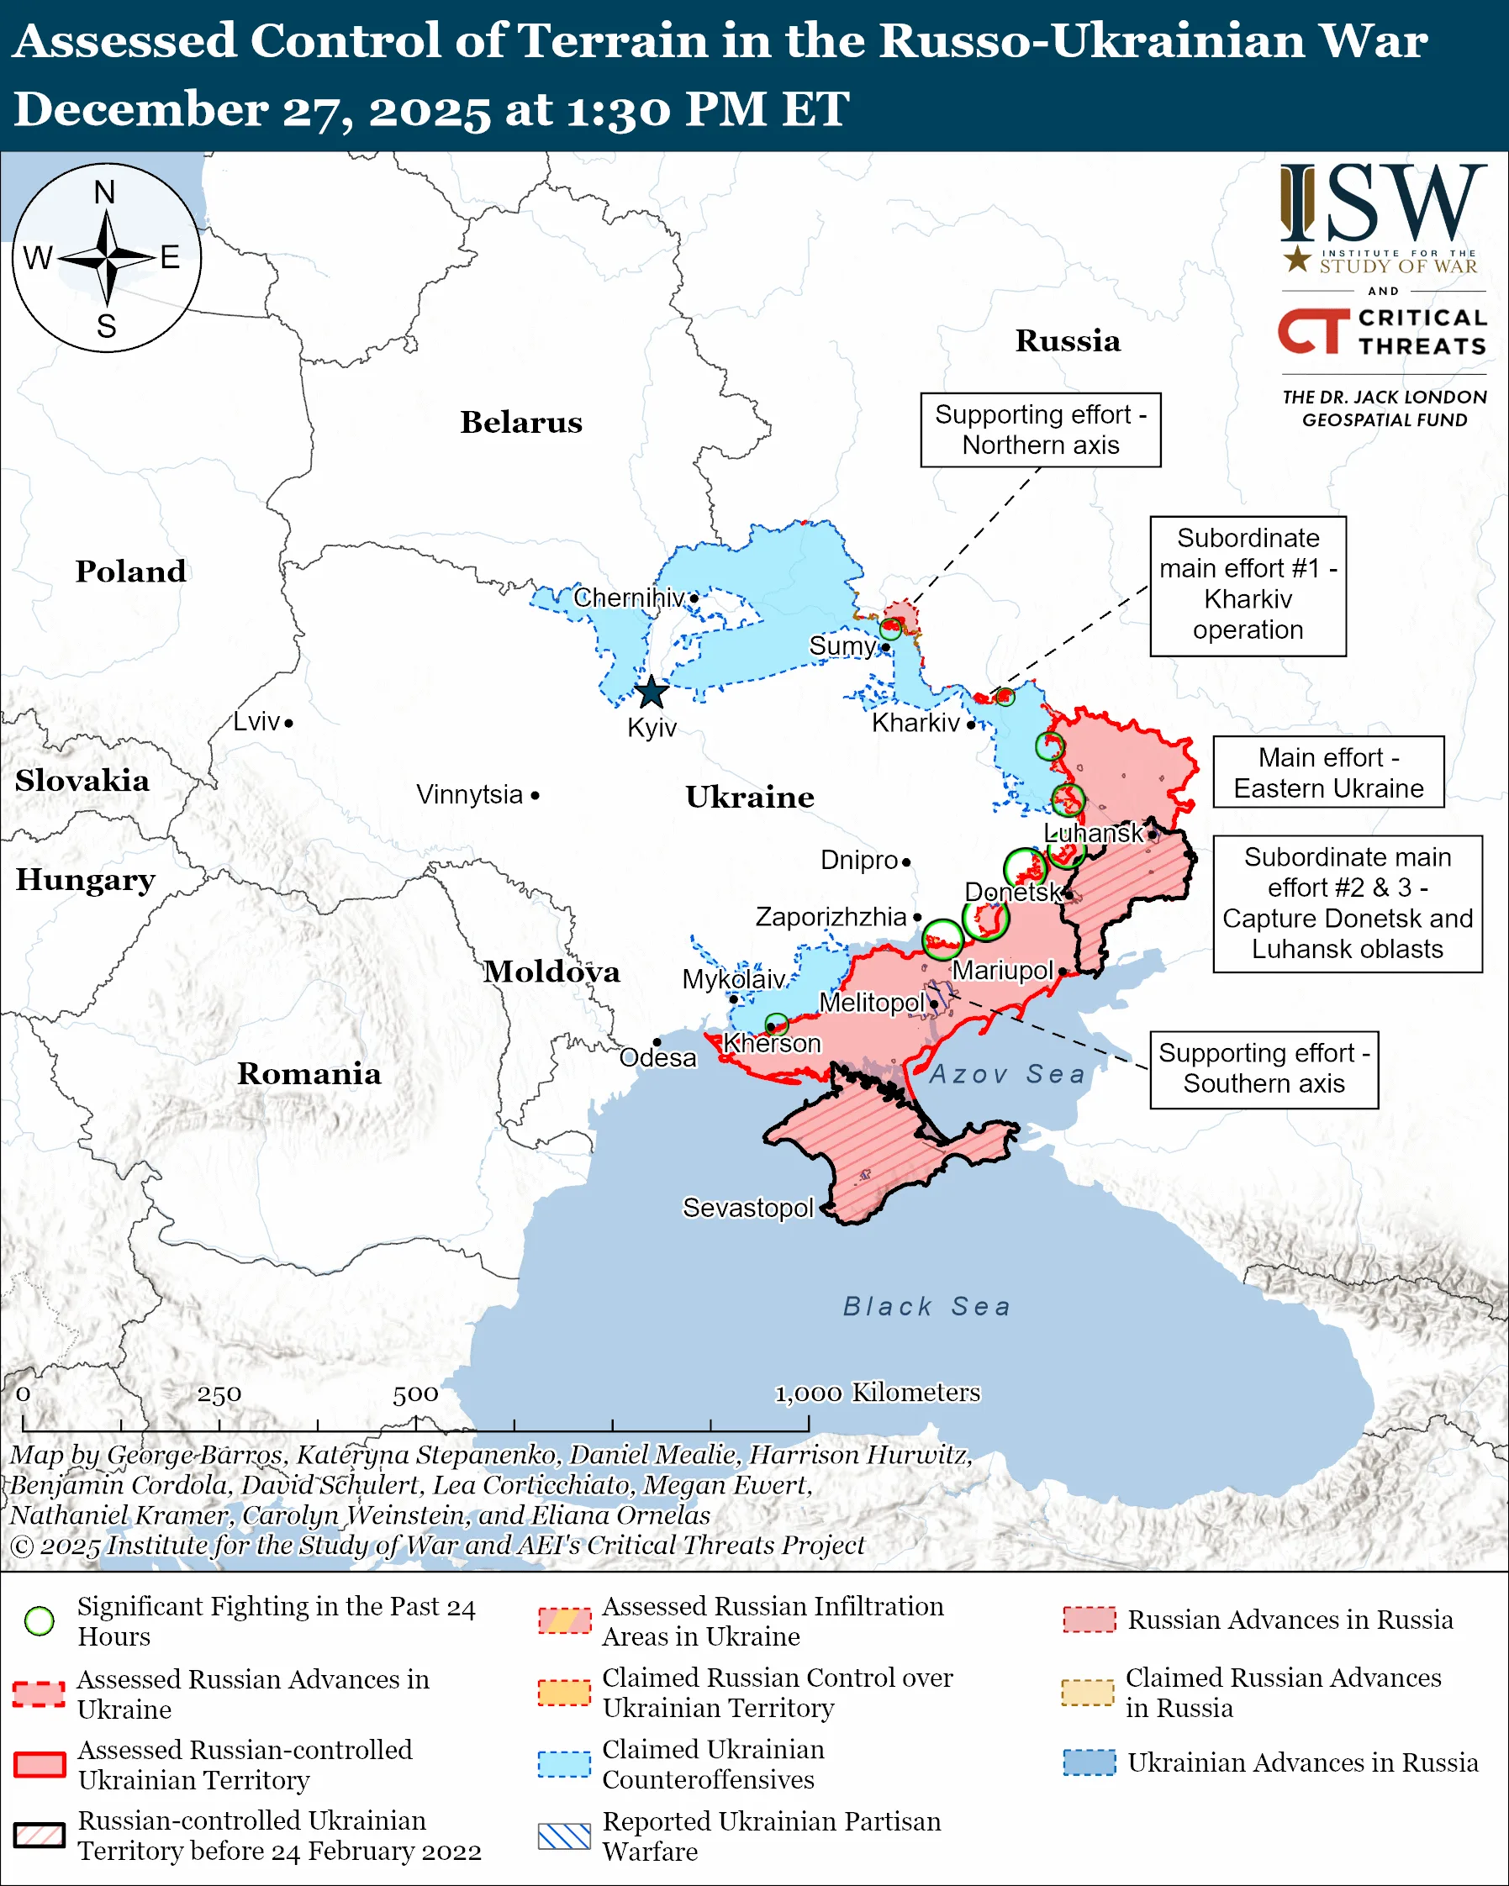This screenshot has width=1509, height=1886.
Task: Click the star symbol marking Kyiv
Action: click(651, 693)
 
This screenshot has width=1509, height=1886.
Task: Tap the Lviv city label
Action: click(256, 722)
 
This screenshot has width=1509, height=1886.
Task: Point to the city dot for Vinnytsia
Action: click(536, 795)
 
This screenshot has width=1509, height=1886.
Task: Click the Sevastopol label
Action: click(748, 1208)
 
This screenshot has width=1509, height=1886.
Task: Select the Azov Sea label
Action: click(1007, 1074)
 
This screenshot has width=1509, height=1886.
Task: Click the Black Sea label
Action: click(926, 1306)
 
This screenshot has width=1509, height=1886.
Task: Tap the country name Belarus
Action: click(521, 422)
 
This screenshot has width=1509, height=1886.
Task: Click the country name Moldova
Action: click(552, 972)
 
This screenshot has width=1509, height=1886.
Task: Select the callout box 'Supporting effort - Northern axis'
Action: click(1040, 429)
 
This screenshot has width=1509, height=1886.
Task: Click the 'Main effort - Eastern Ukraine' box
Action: click(1328, 772)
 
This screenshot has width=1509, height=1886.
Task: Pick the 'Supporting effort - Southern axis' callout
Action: click(1264, 1069)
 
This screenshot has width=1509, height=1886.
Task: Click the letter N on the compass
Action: click(105, 192)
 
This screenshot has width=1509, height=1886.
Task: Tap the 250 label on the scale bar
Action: click(219, 1394)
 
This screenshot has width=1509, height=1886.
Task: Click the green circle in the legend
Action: click(40, 1621)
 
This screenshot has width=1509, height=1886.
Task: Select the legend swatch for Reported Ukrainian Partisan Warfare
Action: click(564, 1836)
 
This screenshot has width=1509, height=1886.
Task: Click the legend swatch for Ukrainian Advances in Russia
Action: click(1090, 1762)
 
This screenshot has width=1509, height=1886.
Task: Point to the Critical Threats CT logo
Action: click(1314, 331)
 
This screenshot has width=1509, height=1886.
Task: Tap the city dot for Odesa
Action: click(657, 1042)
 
